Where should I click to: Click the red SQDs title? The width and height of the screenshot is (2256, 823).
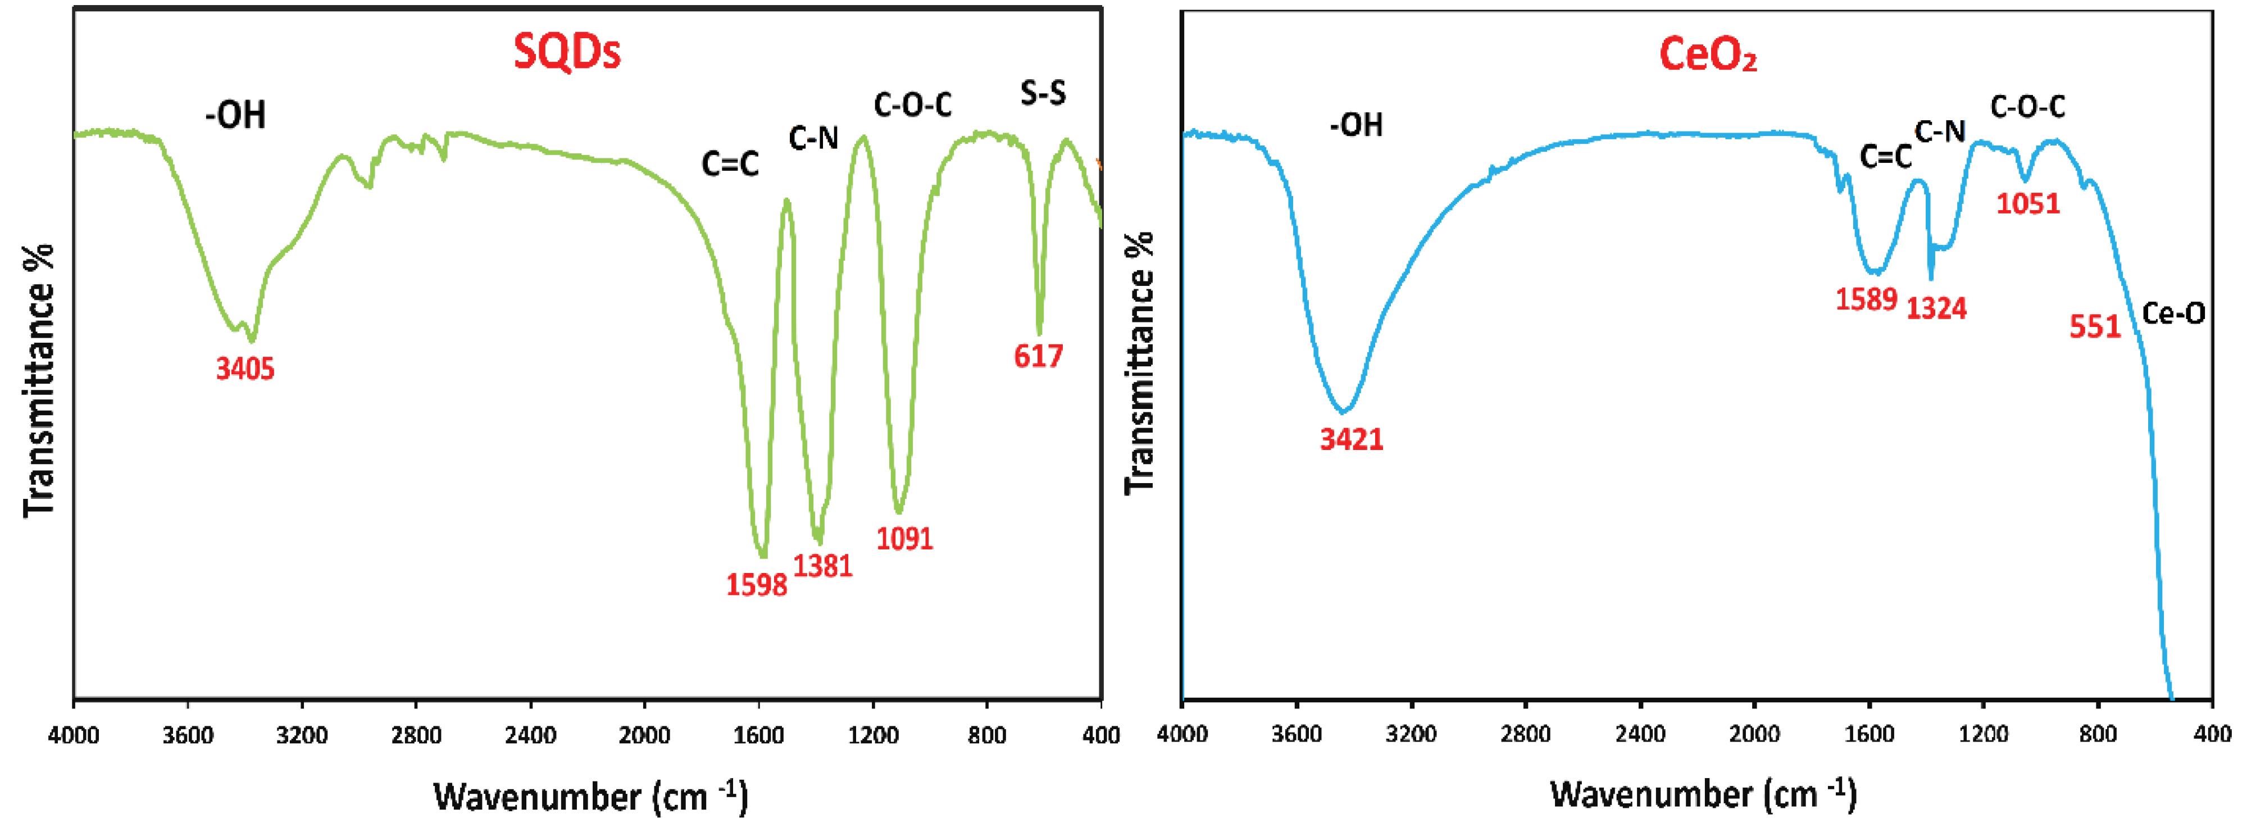coord(567,53)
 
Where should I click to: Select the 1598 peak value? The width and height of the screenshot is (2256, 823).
coord(757,584)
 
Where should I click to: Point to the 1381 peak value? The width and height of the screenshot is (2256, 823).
coord(822,566)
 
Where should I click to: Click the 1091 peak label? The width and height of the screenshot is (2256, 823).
coord(904,538)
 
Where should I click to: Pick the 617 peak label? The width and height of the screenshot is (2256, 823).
coord(1039,356)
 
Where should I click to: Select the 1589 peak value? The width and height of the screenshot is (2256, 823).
coord(1866,299)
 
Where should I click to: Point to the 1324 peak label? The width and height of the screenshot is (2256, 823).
coord(1936,308)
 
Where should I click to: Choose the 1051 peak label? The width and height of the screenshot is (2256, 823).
coord(2028,203)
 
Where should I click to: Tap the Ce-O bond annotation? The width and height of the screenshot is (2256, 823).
coord(2173,313)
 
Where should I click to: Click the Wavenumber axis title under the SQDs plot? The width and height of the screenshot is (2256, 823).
coord(590,797)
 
